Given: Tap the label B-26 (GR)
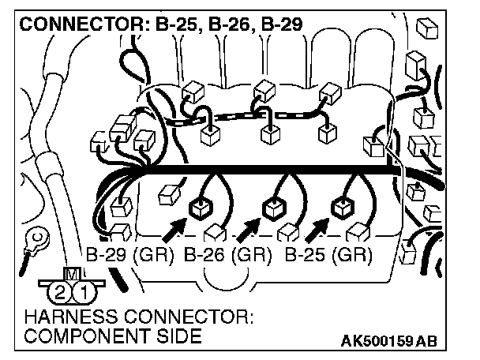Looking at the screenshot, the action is point(228,256).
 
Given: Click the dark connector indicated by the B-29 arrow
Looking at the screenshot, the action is point(198,208).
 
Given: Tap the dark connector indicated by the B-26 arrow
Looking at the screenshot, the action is point(272,208).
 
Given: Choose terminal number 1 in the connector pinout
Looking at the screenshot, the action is point(81,294).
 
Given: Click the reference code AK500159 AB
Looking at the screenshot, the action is point(388,341).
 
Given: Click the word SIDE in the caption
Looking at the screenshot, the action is point(174,336).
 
